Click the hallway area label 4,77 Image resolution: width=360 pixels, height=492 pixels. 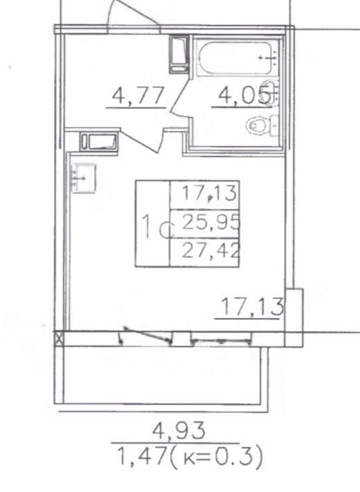[138, 95]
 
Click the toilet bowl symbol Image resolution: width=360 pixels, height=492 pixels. [259, 125]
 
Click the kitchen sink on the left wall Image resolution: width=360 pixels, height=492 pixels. [84, 179]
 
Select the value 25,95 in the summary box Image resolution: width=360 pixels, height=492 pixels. [211, 224]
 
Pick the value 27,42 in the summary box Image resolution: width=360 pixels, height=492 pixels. [211, 250]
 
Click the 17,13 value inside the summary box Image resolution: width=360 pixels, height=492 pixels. [209, 193]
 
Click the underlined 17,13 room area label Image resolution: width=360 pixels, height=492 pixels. [252, 307]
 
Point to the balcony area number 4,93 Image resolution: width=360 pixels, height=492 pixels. [179, 430]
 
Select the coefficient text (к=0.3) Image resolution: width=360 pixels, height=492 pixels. [216, 457]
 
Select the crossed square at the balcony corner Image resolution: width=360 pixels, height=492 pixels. [59, 339]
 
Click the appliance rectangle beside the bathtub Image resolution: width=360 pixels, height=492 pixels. [179, 55]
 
